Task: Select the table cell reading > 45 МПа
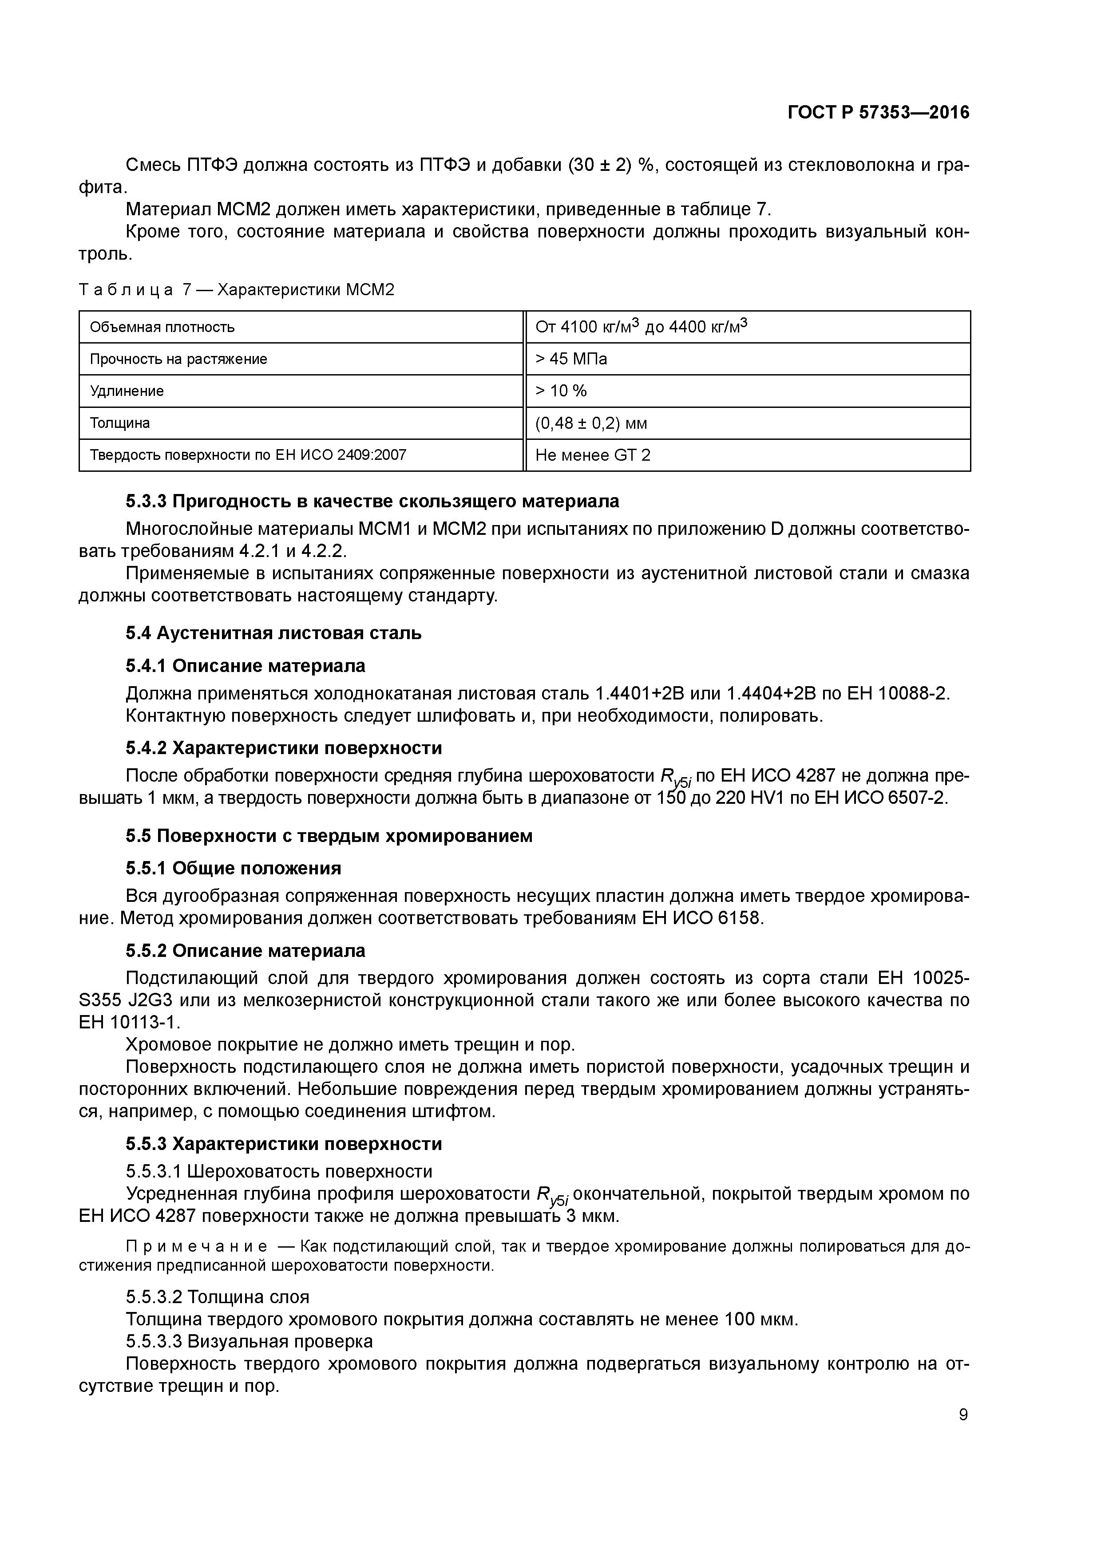pos(571,359)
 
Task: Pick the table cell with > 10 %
pos(561,391)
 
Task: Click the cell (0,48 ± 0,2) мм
pos(591,423)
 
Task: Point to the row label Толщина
pos(119,423)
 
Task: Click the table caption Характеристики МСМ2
pos(305,290)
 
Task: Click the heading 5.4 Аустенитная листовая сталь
pos(273,633)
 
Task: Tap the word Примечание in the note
pos(197,1246)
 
